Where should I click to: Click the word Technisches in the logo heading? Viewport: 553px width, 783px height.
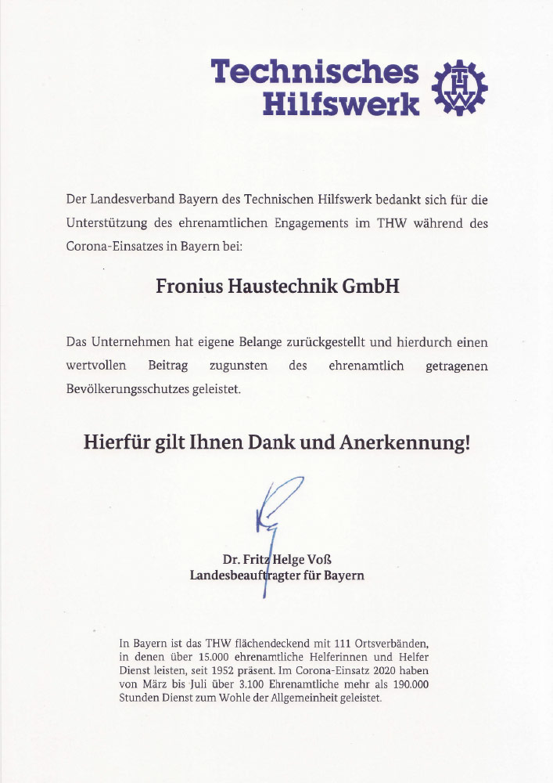[315, 72]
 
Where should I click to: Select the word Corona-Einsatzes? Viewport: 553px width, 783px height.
[113, 247]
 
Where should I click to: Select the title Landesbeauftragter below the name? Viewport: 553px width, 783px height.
[241, 576]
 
